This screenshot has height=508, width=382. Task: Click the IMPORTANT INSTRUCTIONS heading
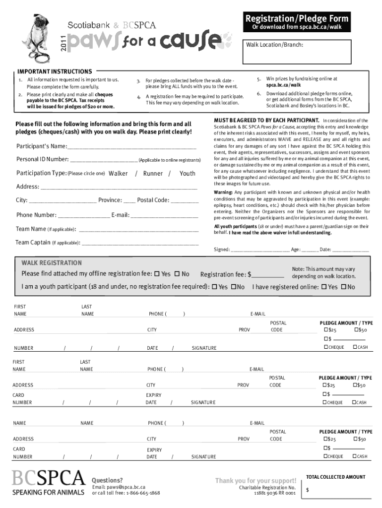pyautogui.click(x=55, y=71)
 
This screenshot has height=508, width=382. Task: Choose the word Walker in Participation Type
pyautogui.click(x=118, y=174)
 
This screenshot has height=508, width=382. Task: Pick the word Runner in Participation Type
pyautogui.click(x=153, y=174)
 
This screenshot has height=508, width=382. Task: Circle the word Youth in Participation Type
pyautogui.click(x=187, y=174)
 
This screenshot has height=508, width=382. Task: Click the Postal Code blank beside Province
pyautogui.click(x=185, y=201)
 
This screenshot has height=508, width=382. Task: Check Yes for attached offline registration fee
pyautogui.click(x=157, y=274)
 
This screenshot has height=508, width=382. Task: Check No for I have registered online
pyautogui.click(x=343, y=287)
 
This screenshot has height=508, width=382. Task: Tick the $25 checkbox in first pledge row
pyautogui.click(x=326, y=330)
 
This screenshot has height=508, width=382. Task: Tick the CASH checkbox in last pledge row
pyautogui.click(x=354, y=456)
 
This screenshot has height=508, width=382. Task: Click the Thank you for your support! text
pyautogui.click(x=255, y=480)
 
